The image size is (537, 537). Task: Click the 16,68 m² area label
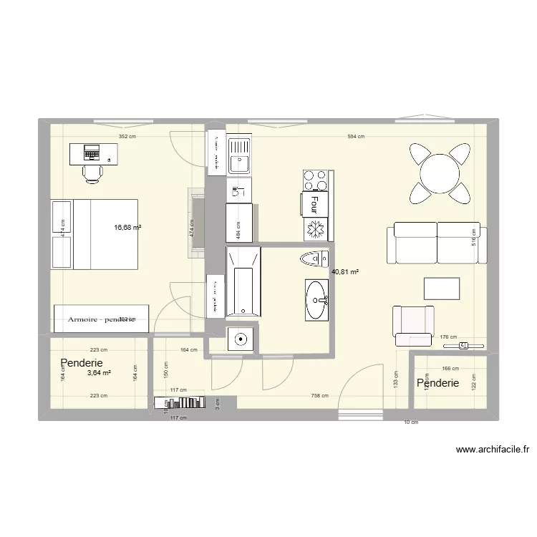127,228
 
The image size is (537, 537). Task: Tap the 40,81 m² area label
345,272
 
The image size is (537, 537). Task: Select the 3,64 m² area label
99,373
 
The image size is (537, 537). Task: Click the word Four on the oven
314,205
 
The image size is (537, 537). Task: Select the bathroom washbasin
316,299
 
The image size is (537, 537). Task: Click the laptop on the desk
92,152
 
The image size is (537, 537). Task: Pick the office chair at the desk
93,172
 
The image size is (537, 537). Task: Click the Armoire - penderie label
102,319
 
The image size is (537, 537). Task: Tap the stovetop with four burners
317,180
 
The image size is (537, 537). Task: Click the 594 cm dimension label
356,136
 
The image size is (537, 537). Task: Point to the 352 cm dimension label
127,136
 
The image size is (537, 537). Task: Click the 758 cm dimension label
320,396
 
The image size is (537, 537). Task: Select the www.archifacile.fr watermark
493,450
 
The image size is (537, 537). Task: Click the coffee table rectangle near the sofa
442,289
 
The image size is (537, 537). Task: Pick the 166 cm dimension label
450,369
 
